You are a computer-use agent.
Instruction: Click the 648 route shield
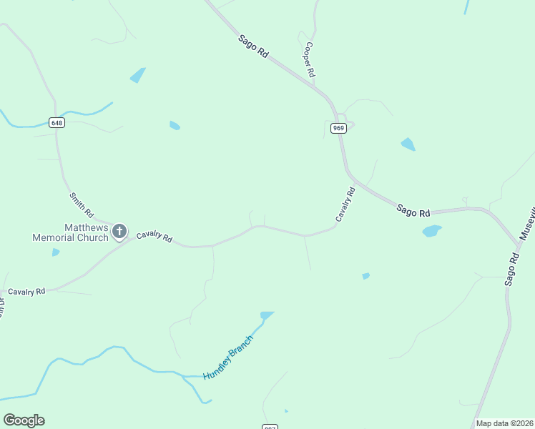click(x=57, y=122)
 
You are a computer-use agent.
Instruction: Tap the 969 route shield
click(x=339, y=128)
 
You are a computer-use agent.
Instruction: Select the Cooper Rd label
click(x=309, y=59)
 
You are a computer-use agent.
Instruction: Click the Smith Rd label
click(x=82, y=205)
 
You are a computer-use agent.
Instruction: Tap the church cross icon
click(x=119, y=231)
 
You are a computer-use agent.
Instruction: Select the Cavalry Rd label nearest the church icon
click(x=154, y=236)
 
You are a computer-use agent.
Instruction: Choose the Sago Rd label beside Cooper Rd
click(x=253, y=47)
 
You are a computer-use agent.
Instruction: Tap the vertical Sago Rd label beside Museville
click(x=511, y=269)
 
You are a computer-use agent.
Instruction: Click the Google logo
click(x=24, y=420)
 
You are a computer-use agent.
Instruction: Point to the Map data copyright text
click(x=504, y=423)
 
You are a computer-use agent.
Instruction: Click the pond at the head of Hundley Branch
click(x=267, y=315)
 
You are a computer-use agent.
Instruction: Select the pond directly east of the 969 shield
click(x=408, y=144)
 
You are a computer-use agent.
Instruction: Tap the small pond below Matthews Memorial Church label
click(x=56, y=252)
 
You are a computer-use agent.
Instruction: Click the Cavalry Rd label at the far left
click(x=26, y=292)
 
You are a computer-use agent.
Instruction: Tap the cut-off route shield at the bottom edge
click(x=269, y=426)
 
